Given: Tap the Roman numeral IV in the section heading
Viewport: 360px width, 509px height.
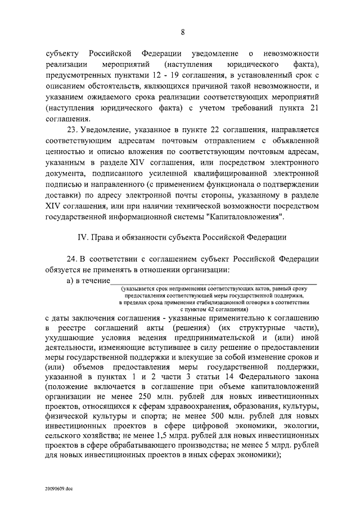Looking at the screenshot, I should click(x=81, y=238).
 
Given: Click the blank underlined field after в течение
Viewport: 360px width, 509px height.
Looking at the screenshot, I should click(x=214, y=281).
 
